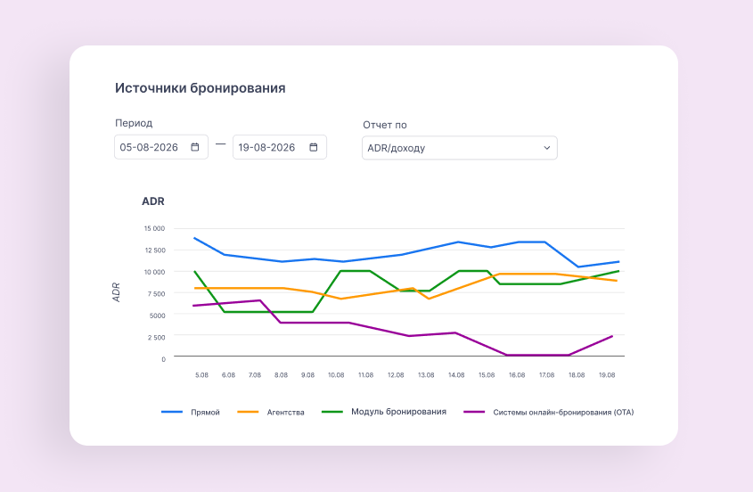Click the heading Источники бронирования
(201, 88)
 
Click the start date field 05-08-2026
(161, 147)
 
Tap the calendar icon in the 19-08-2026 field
(314, 147)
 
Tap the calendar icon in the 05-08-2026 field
(195, 147)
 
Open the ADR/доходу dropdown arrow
(547, 148)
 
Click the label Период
(134, 123)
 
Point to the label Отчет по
(385, 125)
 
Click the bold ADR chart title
(153, 201)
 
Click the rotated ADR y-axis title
(116, 292)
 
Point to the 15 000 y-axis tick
(155, 228)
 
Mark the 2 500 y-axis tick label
(156, 337)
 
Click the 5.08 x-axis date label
(201, 374)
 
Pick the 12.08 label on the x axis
(396, 374)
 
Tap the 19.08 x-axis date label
(607, 374)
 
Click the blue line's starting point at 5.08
(194, 238)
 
